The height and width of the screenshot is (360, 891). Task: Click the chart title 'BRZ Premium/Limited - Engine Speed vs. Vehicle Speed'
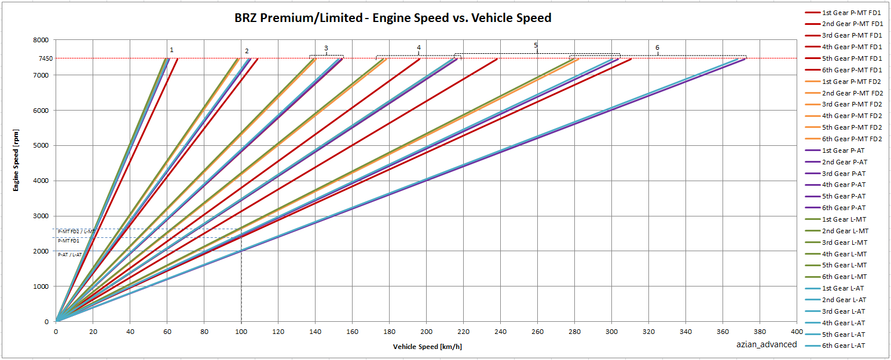point(393,18)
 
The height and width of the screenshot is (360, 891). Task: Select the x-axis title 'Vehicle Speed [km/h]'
point(427,347)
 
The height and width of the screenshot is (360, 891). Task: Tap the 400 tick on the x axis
point(797,332)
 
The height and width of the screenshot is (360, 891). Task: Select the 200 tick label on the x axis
point(427,332)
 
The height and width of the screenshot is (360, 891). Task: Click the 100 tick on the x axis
point(241,332)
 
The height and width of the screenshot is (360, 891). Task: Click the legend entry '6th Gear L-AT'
point(844,346)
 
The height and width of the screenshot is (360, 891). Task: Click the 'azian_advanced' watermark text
point(766,344)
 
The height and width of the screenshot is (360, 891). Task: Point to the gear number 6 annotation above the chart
point(657,47)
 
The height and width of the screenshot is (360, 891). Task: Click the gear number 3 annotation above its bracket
point(326,48)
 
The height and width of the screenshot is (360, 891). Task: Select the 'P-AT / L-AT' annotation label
point(70,254)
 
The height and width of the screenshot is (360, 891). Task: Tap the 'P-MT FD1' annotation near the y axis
point(68,241)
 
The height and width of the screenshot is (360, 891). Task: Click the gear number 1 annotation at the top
point(171,50)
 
